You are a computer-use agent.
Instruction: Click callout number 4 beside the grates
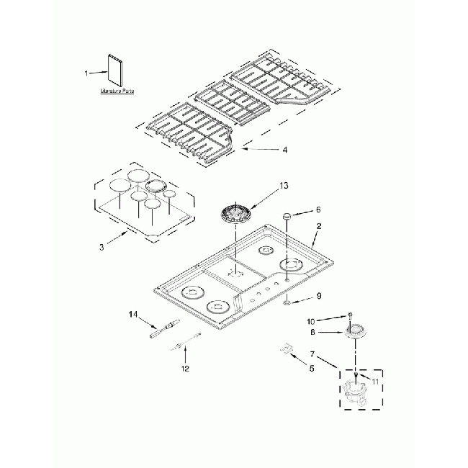(x=284, y=150)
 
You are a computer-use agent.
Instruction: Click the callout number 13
(x=284, y=186)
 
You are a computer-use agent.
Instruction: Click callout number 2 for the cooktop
(x=319, y=225)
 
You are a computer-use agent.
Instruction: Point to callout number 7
(x=312, y=354)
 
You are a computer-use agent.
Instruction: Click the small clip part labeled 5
(x=286, y=349)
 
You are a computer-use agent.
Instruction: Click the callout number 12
(x=185, y=369)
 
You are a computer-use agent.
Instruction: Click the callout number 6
(x=318, y=212)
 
